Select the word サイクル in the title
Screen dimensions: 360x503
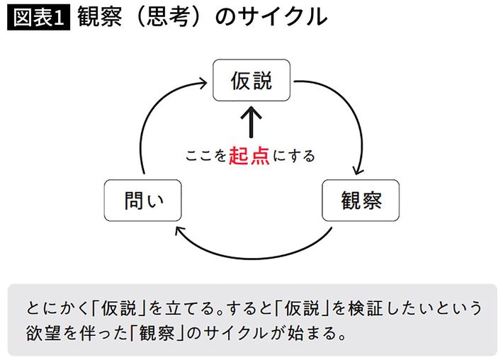pos(295,17)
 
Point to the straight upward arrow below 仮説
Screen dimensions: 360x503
pos(252,122)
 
